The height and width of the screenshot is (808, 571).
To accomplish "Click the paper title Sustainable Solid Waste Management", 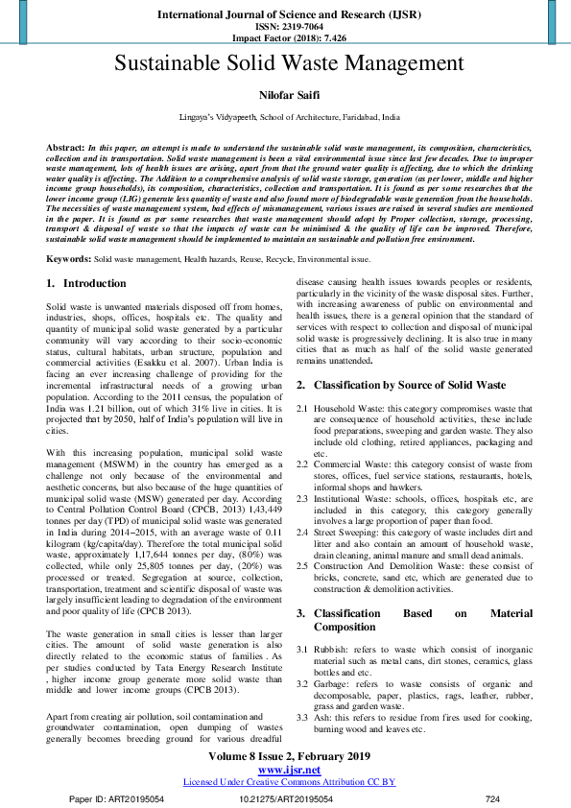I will (289, 64).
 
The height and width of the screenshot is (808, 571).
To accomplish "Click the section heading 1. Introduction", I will (86, 284).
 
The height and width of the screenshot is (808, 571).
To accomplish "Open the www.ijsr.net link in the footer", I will (289, 769).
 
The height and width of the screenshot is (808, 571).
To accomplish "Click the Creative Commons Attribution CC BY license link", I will (289, 781).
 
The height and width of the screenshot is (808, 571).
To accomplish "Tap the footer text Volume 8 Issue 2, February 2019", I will (289, 756).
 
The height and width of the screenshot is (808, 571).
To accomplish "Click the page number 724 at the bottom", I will (493, 797).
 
